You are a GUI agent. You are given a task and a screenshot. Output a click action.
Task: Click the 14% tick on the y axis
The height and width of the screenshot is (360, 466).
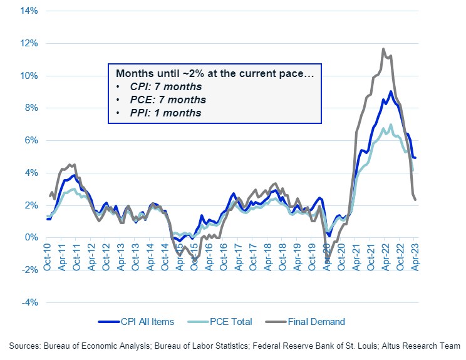point(29,11)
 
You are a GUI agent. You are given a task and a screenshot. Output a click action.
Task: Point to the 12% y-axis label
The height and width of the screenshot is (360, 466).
point(29,44)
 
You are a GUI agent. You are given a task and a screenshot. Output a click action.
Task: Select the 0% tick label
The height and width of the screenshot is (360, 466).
point(31,238)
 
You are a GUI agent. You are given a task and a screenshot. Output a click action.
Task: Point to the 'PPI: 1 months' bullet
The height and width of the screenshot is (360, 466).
point(166,113)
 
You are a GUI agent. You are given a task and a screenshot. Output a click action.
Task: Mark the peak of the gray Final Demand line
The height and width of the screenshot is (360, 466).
point(383,49)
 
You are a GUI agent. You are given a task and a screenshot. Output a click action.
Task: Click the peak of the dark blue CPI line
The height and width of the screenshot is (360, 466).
point(390,91)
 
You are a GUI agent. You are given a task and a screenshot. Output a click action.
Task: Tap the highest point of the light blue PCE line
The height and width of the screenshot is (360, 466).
point(391,125)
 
